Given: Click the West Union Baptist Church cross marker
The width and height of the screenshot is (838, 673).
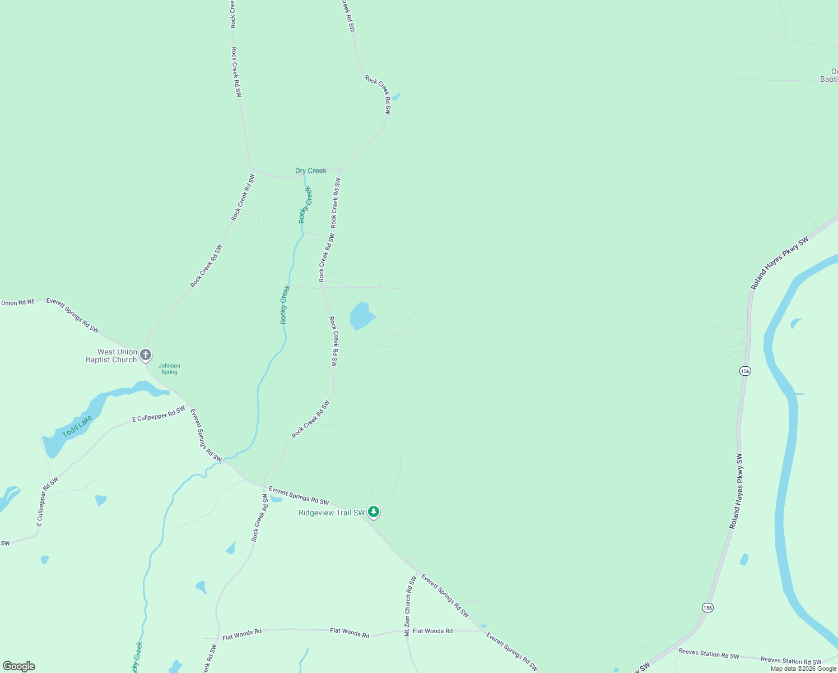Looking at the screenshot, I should click(x=146, y=354).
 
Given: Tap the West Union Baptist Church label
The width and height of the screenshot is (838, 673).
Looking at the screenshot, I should click(x=111, y=356).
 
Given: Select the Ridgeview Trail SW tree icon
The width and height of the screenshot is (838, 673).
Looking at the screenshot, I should click(x=374, y=512).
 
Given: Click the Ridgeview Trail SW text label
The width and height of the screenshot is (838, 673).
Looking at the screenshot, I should click(x=332, y=513).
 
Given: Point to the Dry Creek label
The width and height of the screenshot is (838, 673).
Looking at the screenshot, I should click(x=311, y=170).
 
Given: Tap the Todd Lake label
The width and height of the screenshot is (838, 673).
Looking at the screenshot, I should click(x=77, y=427).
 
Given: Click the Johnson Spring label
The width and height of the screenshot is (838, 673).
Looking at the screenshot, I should click(x=169, y=368).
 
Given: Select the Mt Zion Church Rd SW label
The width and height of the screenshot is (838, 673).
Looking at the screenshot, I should click(x=410, y=605).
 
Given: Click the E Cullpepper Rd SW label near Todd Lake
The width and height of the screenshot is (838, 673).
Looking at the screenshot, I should click(x=159, y=414).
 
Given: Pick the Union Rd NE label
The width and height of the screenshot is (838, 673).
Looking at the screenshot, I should click(x=18, y=303).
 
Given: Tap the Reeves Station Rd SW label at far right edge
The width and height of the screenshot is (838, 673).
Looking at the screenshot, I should click(x=790, y=661).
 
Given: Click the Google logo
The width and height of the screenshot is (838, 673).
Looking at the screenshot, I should click(x=19, y=666).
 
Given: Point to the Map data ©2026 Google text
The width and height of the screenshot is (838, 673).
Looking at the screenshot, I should click(x=803, y=669).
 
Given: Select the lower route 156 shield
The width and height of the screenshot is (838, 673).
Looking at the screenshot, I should click(x=708, y=608).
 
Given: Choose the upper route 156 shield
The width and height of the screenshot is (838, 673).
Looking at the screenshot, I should click(x=745, y=371).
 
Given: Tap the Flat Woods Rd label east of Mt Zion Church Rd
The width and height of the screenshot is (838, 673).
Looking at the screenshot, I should click(x=432, y=631).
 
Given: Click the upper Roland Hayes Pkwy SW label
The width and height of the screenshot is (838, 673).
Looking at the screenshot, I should click(x=780, y=264).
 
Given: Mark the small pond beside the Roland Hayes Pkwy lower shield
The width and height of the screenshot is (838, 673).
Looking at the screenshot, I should click(x=744, y=559).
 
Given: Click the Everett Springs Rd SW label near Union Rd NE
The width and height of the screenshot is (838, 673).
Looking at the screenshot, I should click(x=73, y=315).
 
